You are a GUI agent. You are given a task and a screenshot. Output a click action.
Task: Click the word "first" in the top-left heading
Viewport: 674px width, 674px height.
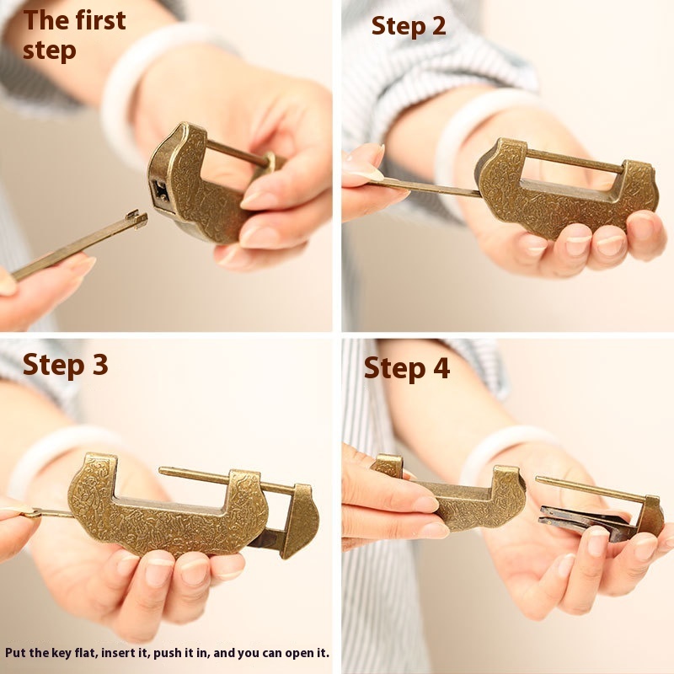coord(100,20)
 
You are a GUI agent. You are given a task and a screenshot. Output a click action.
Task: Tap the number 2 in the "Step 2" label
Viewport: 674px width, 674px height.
coord(437,26)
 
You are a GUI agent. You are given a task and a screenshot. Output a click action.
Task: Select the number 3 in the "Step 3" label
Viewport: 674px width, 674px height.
coord(99,365)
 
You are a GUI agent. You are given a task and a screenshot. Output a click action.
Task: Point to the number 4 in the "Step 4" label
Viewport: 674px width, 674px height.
coord(441,368)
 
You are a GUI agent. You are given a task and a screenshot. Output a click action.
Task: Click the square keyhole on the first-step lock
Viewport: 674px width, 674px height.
coord(160,191)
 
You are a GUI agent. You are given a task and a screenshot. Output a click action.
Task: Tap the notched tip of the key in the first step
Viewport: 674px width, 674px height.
coord(137,219)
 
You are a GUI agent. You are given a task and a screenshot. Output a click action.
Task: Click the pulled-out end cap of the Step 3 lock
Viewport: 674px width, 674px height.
coord(301,520)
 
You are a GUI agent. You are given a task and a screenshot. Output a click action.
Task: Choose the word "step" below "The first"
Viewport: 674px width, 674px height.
coord(50,51)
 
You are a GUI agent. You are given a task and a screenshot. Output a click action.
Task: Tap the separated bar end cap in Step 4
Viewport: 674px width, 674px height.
coord(650,516)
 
